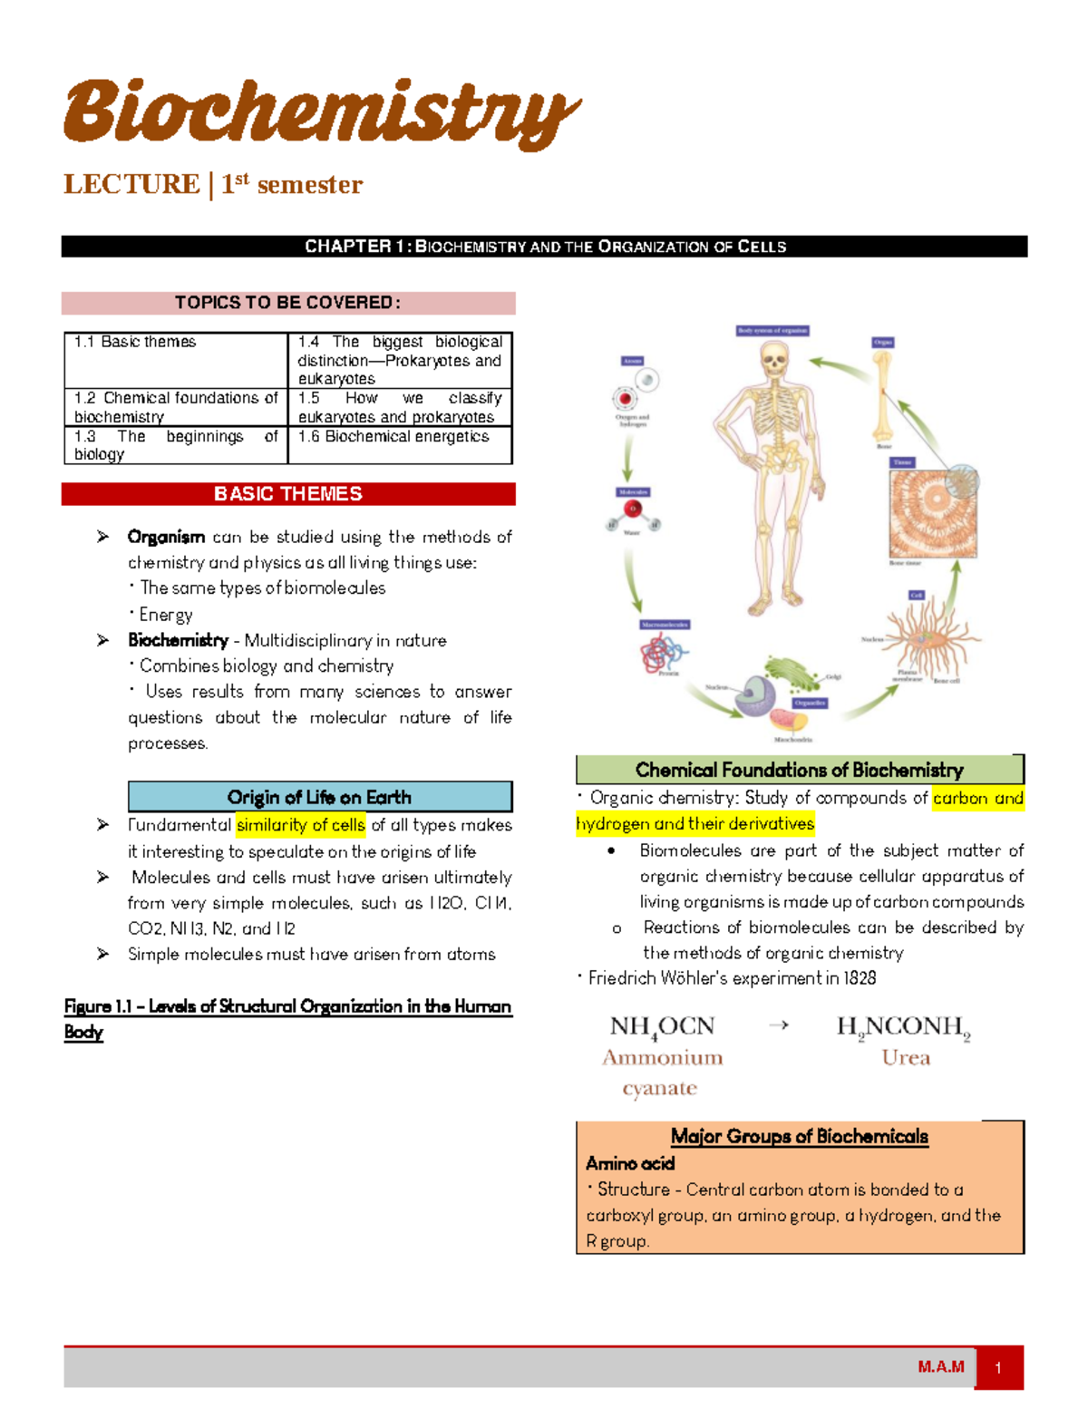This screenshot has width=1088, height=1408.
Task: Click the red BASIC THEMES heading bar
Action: click(x=288, y=494)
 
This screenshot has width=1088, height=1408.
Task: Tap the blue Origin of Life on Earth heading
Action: click(x=320, y=797)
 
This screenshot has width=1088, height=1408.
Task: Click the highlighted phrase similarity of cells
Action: click(x=301, y=825)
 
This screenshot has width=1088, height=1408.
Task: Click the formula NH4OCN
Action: click(x=663, y=1027)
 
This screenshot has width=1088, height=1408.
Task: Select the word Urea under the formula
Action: click(x=906, y=1058)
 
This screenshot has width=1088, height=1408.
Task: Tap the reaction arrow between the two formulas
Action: click(x=779, y=1025)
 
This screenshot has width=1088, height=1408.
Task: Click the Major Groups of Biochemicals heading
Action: click(x=799, y=1137)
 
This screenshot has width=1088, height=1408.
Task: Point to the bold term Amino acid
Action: click(x=630, y=1163)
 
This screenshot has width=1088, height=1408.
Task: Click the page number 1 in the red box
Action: click(x=998, y=1368)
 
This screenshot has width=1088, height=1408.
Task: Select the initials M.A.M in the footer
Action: click(x=940, y=1367)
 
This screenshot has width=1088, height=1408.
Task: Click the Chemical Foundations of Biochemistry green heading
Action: click(x=799, y=770)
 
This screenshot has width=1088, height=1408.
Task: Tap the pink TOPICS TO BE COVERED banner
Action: click(x=288, y=303)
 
